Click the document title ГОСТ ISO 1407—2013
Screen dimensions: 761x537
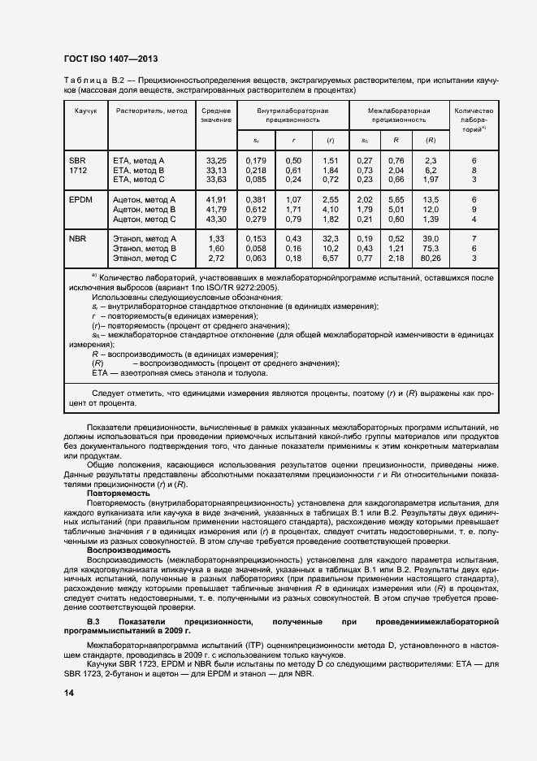click(x=110, y=59)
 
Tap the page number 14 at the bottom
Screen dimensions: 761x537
click(x=68, y=693)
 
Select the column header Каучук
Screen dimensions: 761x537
click(x=85, y=111)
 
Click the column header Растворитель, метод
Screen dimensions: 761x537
click(x=151, y=111)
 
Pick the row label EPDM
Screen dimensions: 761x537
click(x=80, y=198)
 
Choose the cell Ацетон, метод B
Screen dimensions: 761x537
click(x=144, y=209)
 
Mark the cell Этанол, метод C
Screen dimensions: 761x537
click(x=144, y=258)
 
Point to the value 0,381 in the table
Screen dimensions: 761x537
click(x=256, y=199)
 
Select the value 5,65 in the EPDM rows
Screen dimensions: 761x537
click(x=396, y=199)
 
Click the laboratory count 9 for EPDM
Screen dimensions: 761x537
click(x=474, y=209)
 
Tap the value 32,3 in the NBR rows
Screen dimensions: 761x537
click(x=330, y=238)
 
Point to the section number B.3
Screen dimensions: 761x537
click(x=94, y=621)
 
